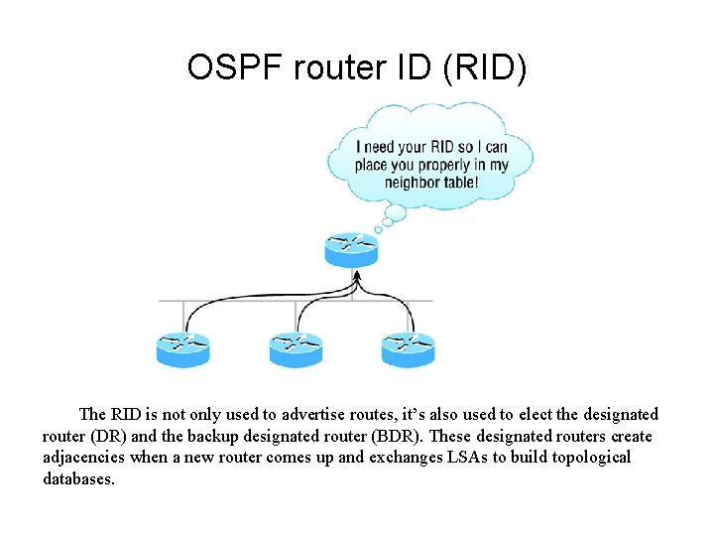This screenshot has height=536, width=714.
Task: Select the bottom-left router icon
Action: coord(183,349)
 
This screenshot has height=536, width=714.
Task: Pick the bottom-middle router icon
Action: coord(296,349)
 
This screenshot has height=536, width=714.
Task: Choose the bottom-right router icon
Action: coord(408,349)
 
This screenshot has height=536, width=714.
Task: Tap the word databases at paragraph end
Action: coord(78,478)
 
